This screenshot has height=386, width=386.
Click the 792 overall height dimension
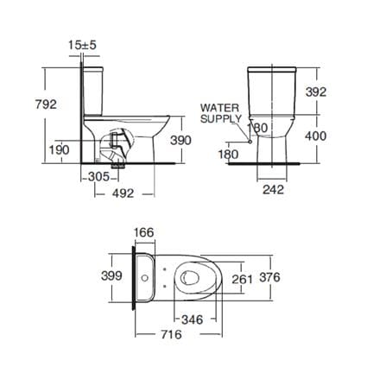click(x=46, y=104)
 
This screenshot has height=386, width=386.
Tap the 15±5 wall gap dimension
click(x=82, y=45)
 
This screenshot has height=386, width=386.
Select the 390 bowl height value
click(x=180, y=140)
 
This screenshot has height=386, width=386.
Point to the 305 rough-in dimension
click(x=98, y=176)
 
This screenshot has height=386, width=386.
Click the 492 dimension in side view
click(x=123, y=193)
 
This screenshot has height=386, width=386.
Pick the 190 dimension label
click(x=59, y=149)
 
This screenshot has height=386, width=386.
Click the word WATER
click(x=219, y=108)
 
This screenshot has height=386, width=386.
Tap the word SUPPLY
click(x=221, y=118)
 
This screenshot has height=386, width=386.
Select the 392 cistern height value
click(x=316, y=92)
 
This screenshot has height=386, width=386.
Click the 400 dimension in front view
click(x=316, y=136)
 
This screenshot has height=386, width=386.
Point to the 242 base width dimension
click(x=273, y=189)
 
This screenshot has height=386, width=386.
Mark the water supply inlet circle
click(x=250, y=142)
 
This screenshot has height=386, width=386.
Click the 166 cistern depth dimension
click(x=144, y=232)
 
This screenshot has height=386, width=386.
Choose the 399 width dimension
click(x=111, y=275)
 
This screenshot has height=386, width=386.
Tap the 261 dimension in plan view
click(x=243, y=279)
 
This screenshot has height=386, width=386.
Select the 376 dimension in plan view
click(x=269, y=277)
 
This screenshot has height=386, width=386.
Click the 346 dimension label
click(x=193, y=320)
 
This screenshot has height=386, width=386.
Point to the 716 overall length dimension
click(x=171, y=334)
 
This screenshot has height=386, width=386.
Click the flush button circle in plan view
click(x=145, y=278)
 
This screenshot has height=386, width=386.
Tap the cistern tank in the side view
click(x=92, y=91)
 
